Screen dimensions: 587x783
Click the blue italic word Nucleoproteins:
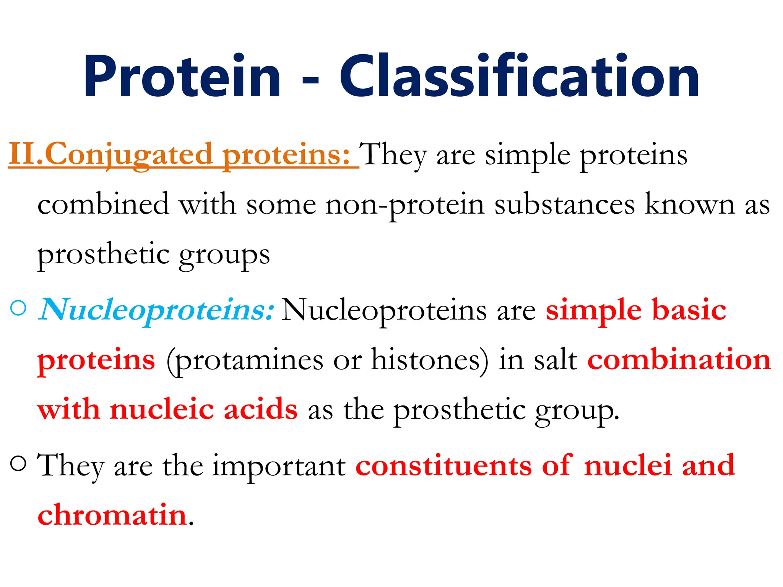(x=156, y=310)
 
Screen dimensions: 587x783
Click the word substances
(x=564, y=204)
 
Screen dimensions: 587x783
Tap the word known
(x=690, y=204)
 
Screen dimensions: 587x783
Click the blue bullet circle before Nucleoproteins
(x=19, y=308)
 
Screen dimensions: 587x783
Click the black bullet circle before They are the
(x=19, y=464)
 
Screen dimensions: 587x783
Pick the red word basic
(x=689, y=310)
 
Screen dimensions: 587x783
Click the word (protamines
(x=245, y=360)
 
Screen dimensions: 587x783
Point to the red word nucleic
(x=162, y=409)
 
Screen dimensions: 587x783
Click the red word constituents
(x=443, y=465)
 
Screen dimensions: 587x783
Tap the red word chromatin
(x=112, y=515)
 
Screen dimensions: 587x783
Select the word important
(x=279, y=466)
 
